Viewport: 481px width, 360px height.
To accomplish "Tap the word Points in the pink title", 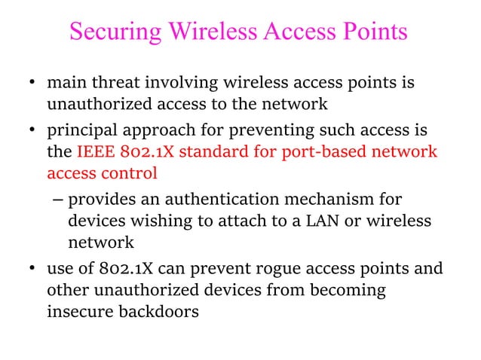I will [372, 32].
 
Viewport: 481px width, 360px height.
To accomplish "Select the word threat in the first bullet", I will [105, 82].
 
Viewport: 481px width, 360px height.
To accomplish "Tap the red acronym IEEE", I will [94, 153].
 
